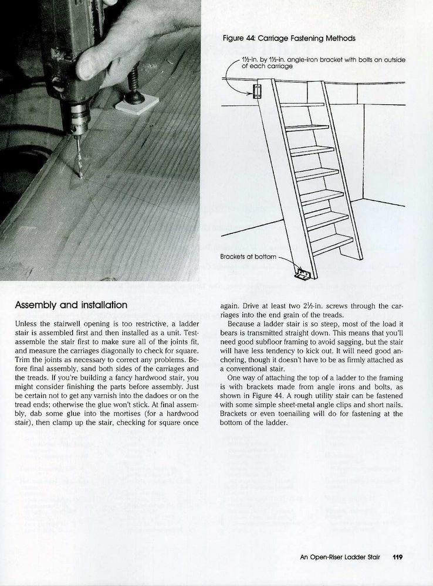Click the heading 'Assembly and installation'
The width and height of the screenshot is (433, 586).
[70, 305]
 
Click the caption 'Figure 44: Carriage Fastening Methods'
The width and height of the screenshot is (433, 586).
[289, 39]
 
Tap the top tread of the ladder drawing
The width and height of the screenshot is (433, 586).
[302, 104]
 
